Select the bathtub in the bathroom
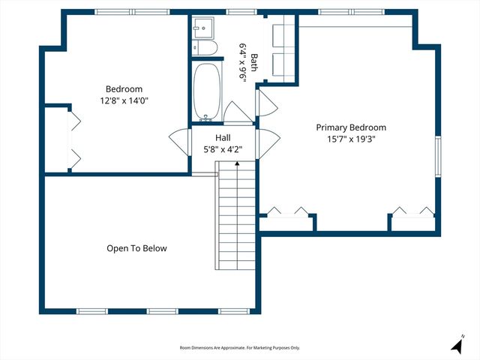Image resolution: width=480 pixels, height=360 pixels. [206, 91]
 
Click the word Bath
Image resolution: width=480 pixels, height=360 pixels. [254, 61]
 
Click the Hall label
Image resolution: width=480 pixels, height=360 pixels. [223, 138]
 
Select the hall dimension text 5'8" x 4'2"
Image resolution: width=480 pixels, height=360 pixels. [223, 149]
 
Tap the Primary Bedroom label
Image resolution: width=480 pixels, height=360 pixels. [351, 127]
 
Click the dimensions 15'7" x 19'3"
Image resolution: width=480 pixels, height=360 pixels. [351, 139]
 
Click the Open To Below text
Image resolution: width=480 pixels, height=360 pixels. [136, 248]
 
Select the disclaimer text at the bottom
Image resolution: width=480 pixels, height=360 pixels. [240, 348]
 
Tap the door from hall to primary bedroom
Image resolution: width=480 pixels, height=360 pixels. [268, 142]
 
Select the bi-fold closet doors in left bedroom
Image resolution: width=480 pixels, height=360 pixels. [74, 138]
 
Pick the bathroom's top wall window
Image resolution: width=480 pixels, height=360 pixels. [238, 12]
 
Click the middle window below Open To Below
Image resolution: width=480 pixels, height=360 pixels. [161, 311]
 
